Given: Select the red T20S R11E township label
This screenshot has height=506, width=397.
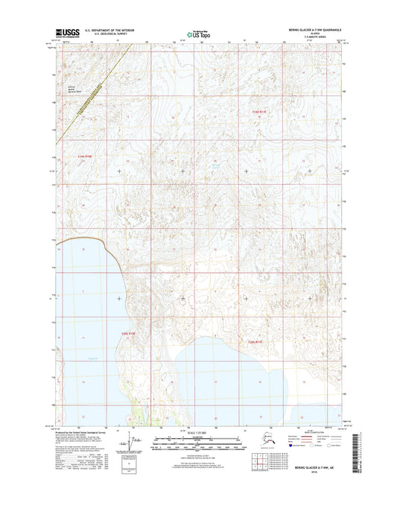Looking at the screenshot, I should tap(255, 341).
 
